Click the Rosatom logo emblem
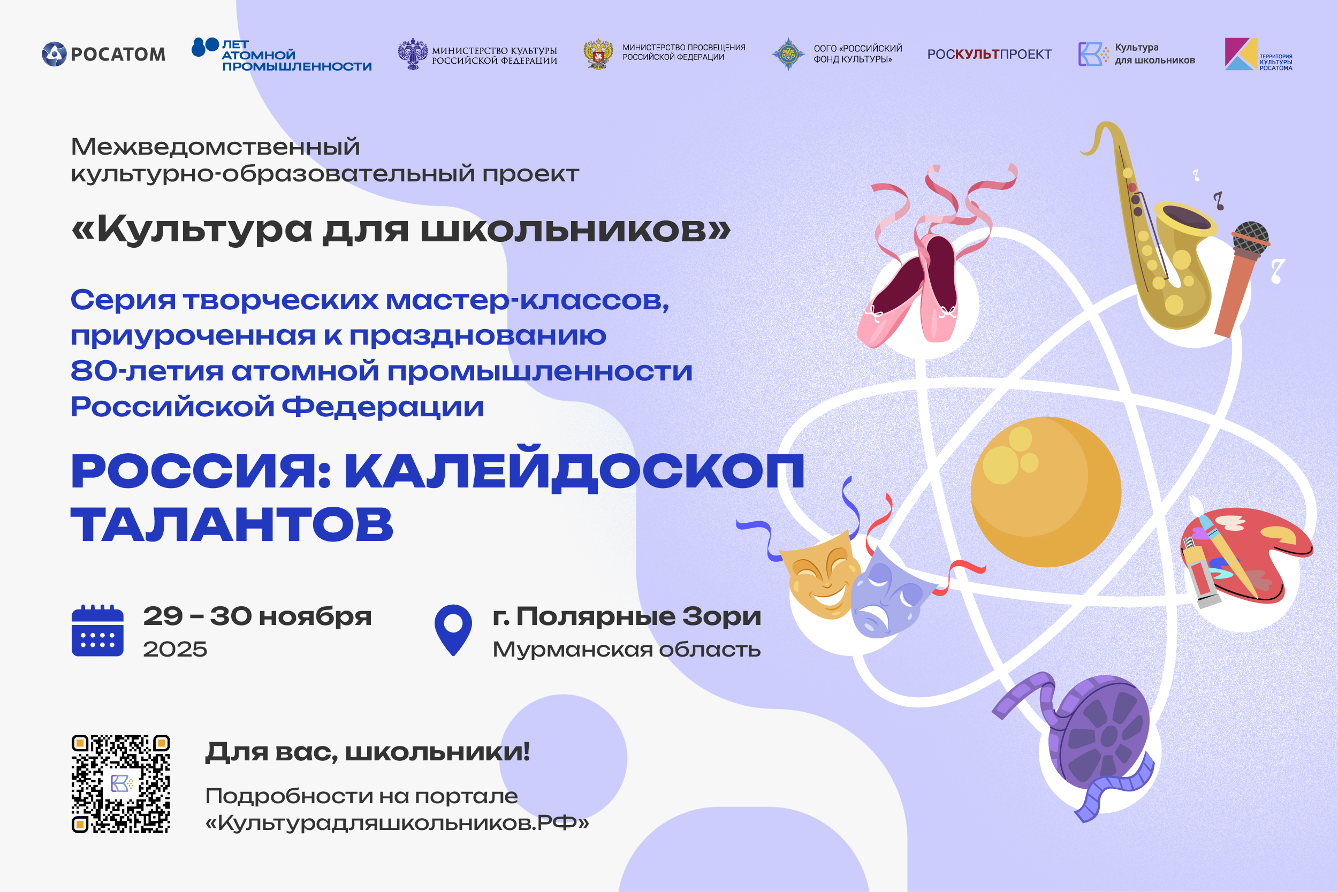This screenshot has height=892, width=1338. (x=54, y=54)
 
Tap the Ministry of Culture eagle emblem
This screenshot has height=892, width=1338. (x=413, y=54)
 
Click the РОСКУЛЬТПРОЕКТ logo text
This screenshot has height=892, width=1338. (x=989, y=54)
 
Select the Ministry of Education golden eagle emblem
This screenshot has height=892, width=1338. (x=598, y=54)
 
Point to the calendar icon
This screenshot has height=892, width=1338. (x=97, y=630)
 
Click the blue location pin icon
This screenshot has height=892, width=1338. (x=453, y=630)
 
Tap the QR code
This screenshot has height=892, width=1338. (x=120, y=784)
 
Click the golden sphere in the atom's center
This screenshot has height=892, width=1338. (x=1046, y=492)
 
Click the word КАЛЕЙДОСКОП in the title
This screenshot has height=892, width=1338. (x=575, y=470)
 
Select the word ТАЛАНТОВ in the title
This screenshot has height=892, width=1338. (x=232, y=524)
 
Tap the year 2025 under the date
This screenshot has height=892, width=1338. (x=175, y=649)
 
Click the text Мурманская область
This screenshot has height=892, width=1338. (x=627, y=649)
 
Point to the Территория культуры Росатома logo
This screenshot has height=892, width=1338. (x=1258, y=54)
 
